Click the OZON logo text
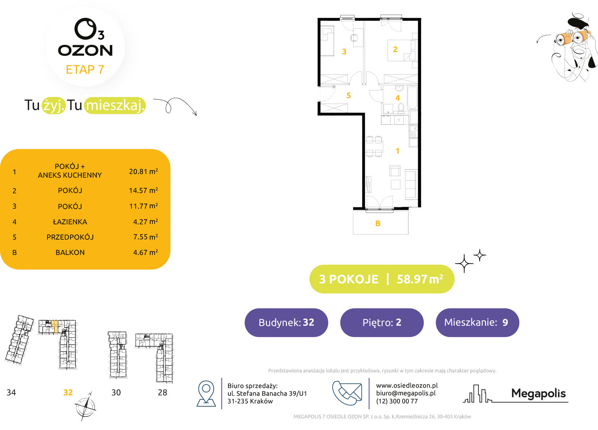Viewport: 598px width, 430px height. (x=85, y=50)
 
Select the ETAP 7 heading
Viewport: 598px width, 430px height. (x=85, y=70)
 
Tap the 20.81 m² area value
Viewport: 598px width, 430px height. (x=143, y=171)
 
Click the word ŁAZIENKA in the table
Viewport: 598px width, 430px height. (x=70, y=221)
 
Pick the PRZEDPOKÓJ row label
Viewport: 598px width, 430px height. (x=70, y=237)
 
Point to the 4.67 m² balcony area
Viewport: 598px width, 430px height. (x=145, y=252)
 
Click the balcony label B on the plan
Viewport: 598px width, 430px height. (x=378, y=223)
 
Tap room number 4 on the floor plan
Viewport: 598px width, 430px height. (x=397, y=98)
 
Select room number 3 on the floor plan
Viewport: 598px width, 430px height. (x=344, y=51)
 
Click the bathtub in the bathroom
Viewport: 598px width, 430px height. (x=412, y=97)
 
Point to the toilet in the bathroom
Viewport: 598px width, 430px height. (x=401, y=107)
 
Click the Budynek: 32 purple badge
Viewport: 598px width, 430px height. (x=286, y=322)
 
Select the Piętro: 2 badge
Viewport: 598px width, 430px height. (x=382, y=322)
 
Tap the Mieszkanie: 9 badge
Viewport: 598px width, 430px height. (x=477, y=322)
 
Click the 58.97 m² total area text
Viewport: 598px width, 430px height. (x=420, y=279)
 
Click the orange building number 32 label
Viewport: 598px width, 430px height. (x=68, y=392)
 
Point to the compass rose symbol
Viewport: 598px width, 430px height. (x=85, y=407)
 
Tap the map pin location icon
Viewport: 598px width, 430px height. (x=206, y=394)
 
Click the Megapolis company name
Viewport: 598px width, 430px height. (x=538, y=394)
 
